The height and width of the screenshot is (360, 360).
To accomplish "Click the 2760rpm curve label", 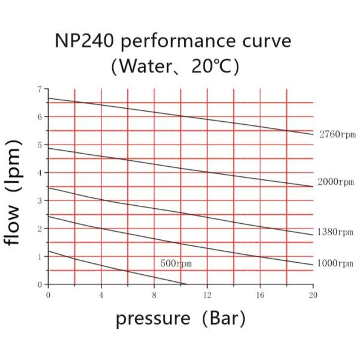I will click(x=337, y=134).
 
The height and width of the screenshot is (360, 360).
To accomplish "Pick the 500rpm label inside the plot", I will click(x=176, y=263).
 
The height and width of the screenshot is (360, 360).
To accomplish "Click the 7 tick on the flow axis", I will click(x=40, y=89).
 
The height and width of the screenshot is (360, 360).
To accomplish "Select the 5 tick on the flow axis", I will click(x=40, y=145).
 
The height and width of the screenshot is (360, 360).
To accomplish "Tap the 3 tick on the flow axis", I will click(x=40, y=200).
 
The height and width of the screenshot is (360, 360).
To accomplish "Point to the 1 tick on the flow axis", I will click(x=40, y=256).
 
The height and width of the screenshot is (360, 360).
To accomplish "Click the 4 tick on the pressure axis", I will click(x=101, y=295).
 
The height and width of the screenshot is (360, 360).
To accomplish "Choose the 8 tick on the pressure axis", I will click(x=154, y=295).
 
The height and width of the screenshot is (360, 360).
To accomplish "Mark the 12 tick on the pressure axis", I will click(x=207, y=295).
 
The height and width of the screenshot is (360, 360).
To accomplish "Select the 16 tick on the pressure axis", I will click(x=260, y=295).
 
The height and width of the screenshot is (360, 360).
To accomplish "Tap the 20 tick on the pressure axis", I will click(x=313, y=295).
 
